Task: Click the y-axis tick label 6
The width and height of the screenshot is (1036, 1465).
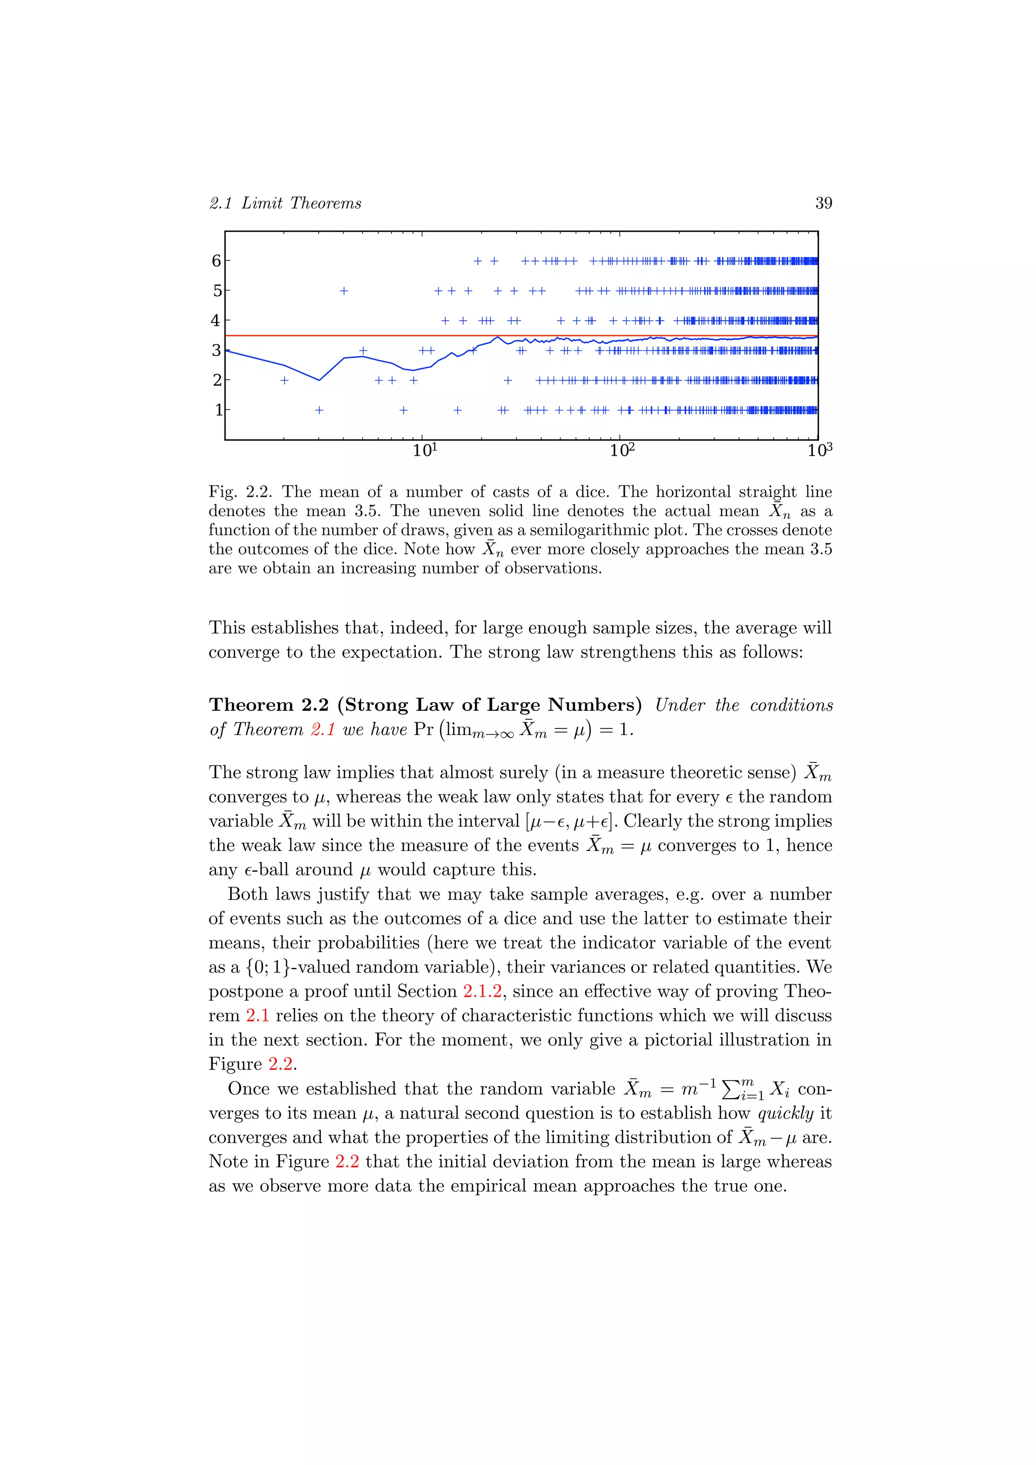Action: (x=217, y=261)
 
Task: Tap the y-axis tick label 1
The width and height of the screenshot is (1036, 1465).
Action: (x=218, y=410)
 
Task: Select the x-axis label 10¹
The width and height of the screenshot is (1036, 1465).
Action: (x=425, y=450)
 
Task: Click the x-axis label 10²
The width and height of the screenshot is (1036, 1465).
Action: (x=622, y=450)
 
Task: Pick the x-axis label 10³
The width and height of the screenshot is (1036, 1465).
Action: (x=819, y=450)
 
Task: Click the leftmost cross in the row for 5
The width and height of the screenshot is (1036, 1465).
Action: (x=344, y=291)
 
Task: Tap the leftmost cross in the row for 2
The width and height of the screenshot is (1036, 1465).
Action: (x=284, y=380)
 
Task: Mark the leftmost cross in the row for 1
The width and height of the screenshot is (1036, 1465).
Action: (x=320, y=410)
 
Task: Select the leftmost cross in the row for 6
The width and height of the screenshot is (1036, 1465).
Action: (x=478, y=261)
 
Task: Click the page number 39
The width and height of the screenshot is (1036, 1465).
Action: (x=824, y=203)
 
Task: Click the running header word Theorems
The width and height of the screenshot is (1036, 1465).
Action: (x=325, y=203)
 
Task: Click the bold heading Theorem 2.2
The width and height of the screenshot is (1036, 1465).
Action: (x=269, y=705)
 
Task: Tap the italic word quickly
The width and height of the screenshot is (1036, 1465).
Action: (x=785, y=1113)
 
